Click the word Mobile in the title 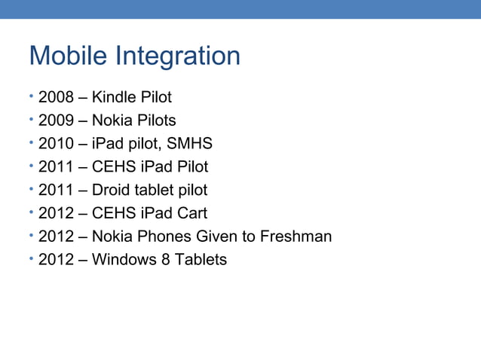[66, 56]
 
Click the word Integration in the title [175, 57]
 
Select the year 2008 [55, 97]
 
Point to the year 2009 [55, 121]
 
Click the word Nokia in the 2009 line [112, 121]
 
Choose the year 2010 [55, 144]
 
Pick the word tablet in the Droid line [158, 191]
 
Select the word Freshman [296, 237]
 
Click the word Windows [123, 261]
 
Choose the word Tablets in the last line [200, 261]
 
